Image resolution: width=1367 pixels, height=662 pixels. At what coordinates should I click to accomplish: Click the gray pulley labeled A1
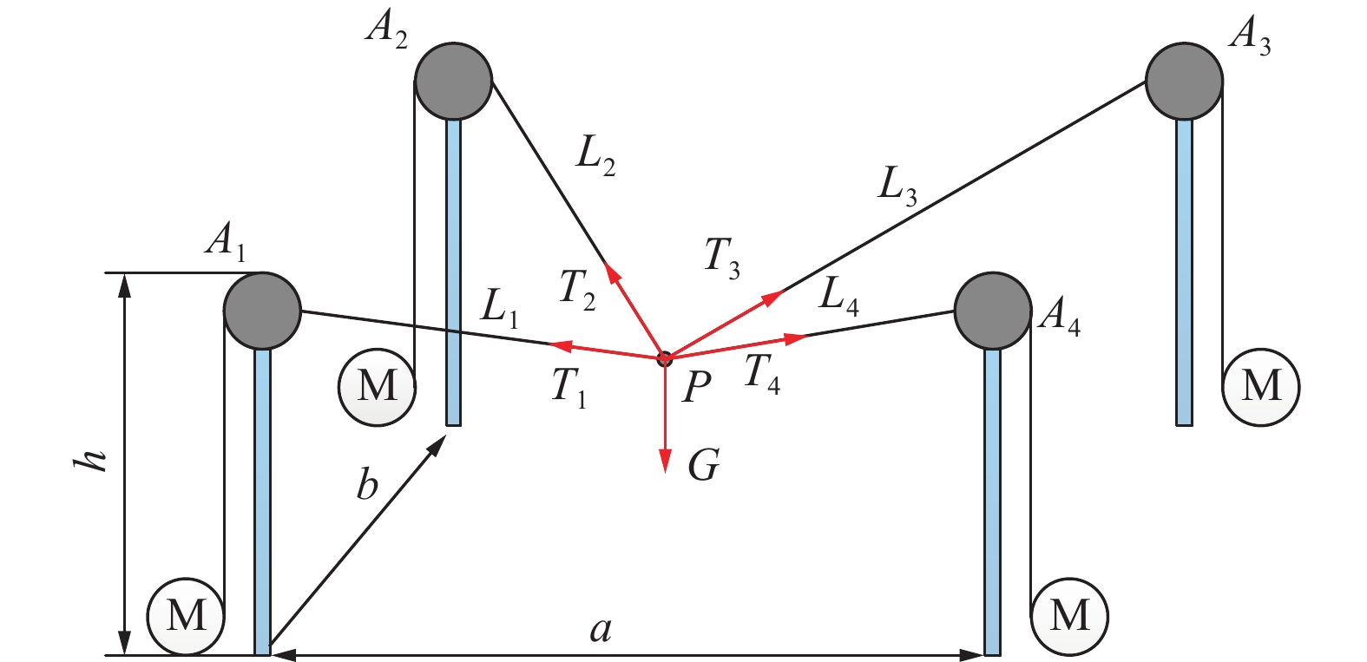262,311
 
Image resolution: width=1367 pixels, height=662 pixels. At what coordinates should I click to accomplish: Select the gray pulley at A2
454,81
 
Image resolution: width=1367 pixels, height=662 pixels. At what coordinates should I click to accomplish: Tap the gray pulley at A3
1184,81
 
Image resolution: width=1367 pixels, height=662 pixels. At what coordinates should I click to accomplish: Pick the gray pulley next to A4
992,311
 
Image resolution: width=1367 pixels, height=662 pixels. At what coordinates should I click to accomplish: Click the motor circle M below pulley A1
186,616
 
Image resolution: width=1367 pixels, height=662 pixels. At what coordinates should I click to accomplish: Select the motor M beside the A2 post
377,387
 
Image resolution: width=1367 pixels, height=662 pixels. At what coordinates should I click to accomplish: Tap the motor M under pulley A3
1260,387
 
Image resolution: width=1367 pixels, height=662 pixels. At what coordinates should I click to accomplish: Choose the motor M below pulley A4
1069,616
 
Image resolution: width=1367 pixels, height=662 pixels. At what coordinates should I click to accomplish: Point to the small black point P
665,358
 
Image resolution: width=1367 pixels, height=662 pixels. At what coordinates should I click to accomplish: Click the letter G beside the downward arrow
703,467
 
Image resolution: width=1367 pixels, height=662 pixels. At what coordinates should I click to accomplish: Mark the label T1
569,386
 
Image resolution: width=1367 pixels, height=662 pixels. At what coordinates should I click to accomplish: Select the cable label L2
596,156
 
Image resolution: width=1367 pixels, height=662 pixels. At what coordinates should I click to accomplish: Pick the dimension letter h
91,460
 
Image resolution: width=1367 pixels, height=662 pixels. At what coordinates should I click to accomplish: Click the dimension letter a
601,628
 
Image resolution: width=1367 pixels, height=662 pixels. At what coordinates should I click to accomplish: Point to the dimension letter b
368,484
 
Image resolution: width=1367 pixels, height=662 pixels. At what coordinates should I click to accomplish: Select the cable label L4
839,297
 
